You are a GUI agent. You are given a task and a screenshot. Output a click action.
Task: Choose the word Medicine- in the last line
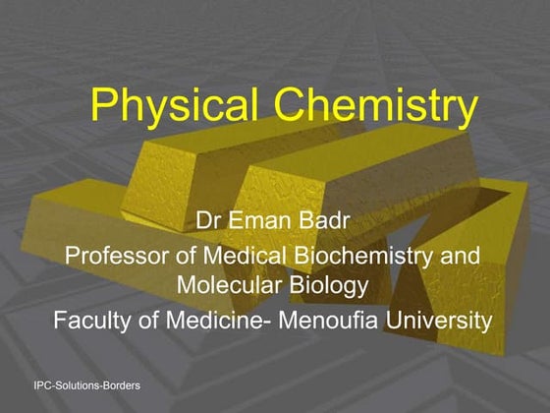(218, 321)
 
